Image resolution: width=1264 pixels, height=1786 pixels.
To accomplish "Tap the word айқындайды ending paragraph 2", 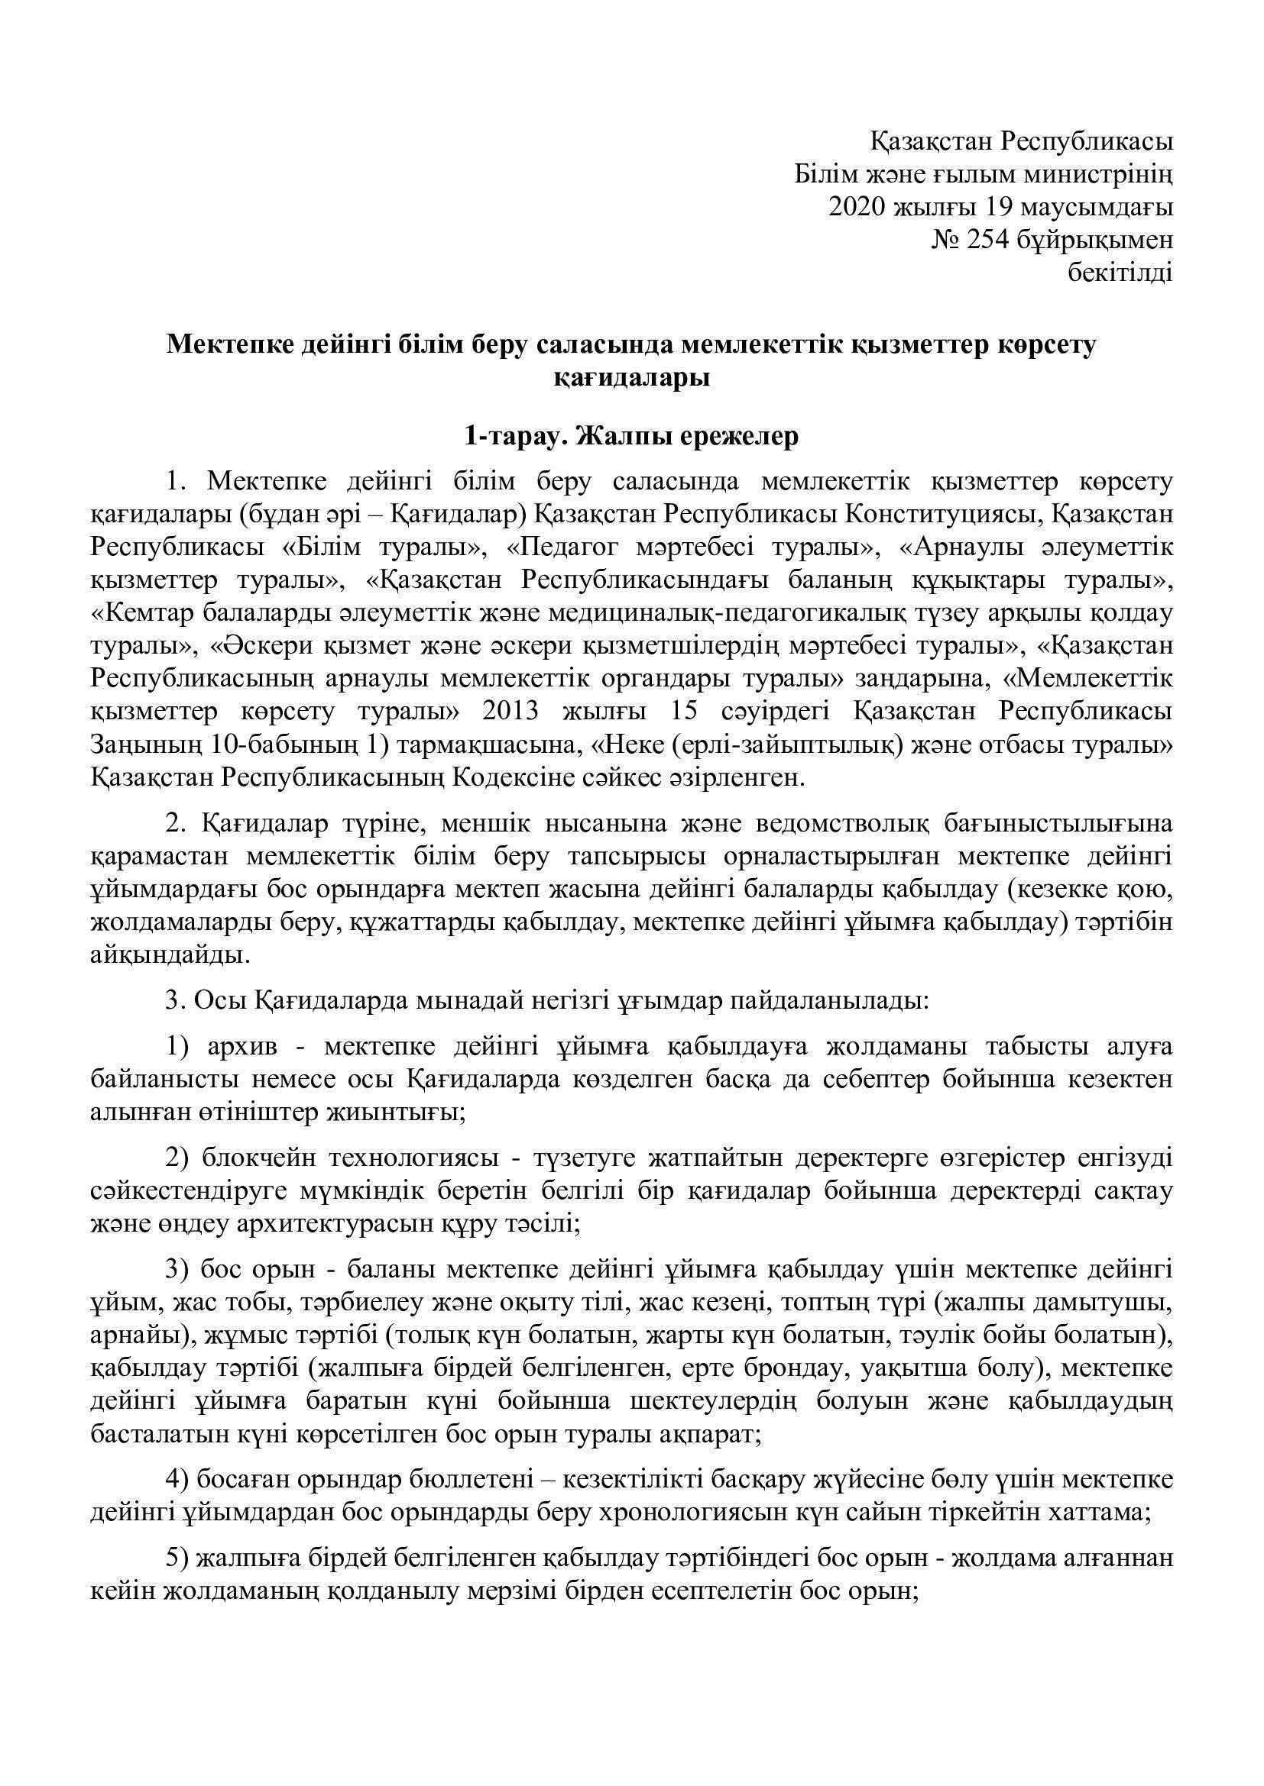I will pos(170,955).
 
